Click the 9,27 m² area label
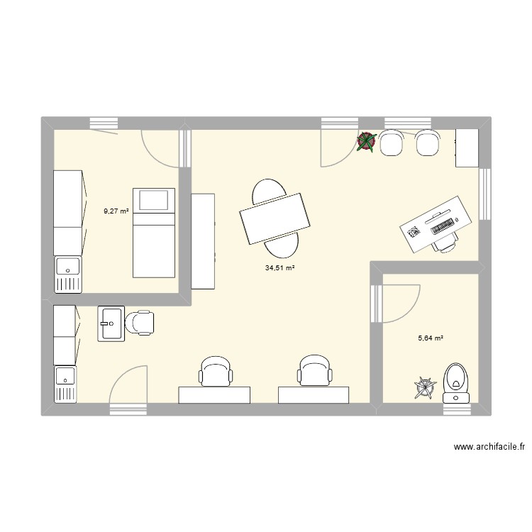pos(116,211)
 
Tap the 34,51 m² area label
pos(279,267)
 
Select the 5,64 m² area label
pos(430,338)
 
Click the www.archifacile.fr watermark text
pos(489,447)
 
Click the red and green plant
pos(366,143)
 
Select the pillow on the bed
pos(154,200)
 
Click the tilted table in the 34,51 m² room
pos(276,217)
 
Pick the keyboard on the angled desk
pos(443,226)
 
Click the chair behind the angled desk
pos(445,243)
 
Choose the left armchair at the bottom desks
pos(215,371)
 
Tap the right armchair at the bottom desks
pos(314,371)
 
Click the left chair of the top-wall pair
pos(392,143)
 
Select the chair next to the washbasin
pos(140,323)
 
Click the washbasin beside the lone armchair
pos(111,323)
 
